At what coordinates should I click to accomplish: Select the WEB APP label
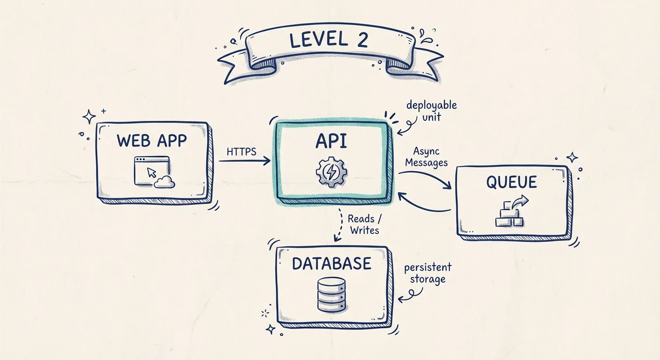point(151,140)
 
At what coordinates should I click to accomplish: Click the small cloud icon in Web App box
point(165,182)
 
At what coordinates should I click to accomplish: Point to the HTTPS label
point(241,152)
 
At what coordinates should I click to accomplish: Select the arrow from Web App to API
point(244,161)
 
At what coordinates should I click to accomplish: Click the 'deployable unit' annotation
point(431,111)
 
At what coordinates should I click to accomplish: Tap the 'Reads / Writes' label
point(364,224)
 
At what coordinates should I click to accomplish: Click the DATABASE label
point(331,263)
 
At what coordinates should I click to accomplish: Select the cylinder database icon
point(331,294)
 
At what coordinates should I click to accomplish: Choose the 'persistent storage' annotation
point(427,273)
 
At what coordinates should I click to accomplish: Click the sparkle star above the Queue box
point(572,157)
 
